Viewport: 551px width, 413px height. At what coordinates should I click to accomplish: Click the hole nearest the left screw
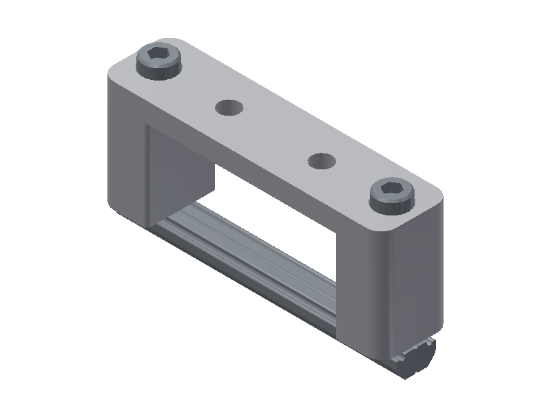click(x=229, y=107)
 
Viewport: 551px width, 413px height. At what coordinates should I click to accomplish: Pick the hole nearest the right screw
click(x=321, y=161)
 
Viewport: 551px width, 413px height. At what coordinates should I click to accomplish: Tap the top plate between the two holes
click(x=275, y=134)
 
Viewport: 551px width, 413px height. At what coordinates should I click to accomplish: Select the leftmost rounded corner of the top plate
click(x=114, y=69)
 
